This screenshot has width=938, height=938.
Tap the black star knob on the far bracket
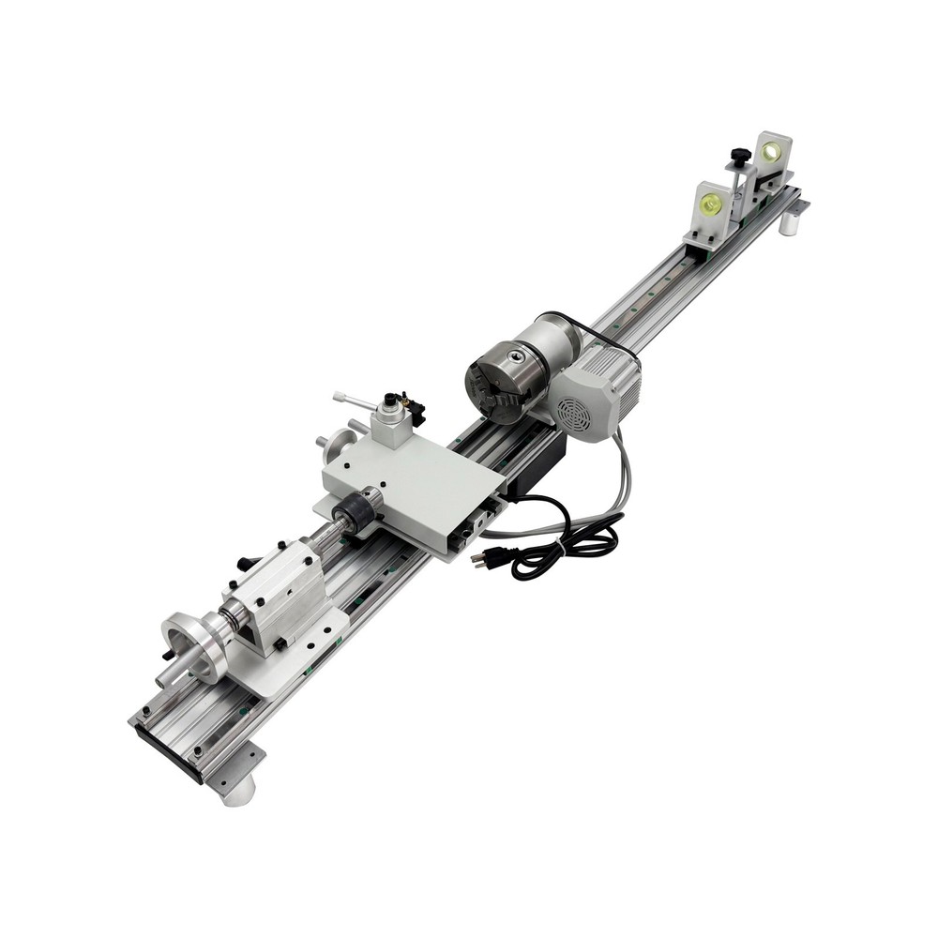pos(741,154)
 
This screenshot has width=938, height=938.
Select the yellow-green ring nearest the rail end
pos(772,152)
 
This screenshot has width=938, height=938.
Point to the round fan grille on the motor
pos(572,413)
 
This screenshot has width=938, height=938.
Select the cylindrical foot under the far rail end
pos(793,223)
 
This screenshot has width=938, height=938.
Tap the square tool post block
pos(389,425)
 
